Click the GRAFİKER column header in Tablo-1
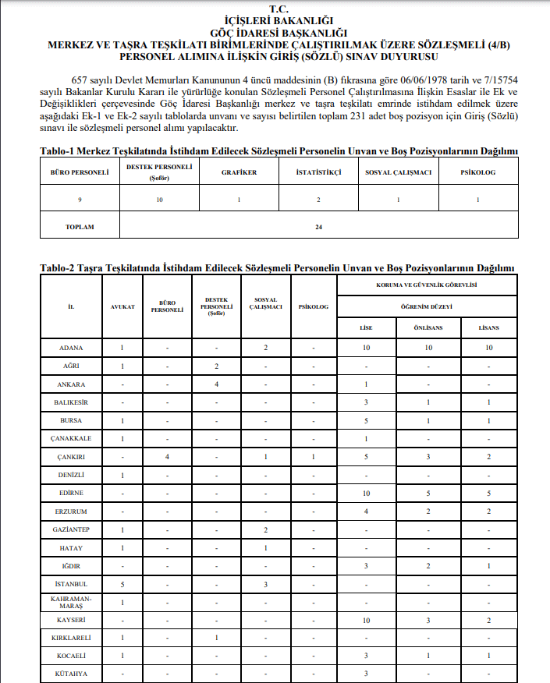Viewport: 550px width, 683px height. [240, 172]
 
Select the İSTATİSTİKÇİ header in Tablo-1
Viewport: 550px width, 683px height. [319, 172]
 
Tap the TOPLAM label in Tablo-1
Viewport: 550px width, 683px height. [80, 227]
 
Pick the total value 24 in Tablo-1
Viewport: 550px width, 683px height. [318, 227]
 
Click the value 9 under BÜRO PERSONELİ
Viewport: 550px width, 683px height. [80, 200]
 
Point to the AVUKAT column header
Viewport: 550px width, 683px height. [122, 306]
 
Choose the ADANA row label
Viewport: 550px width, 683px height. [71, 347]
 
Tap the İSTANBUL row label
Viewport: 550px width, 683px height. [71, 583]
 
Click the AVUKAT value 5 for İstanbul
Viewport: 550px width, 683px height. [122, 583]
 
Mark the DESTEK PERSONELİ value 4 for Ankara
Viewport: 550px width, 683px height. [216, 384]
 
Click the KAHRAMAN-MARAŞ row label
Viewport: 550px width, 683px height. [71, 602]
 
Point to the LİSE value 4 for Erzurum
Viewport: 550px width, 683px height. [366, 511]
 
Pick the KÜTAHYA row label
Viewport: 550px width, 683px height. [71, 673]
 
